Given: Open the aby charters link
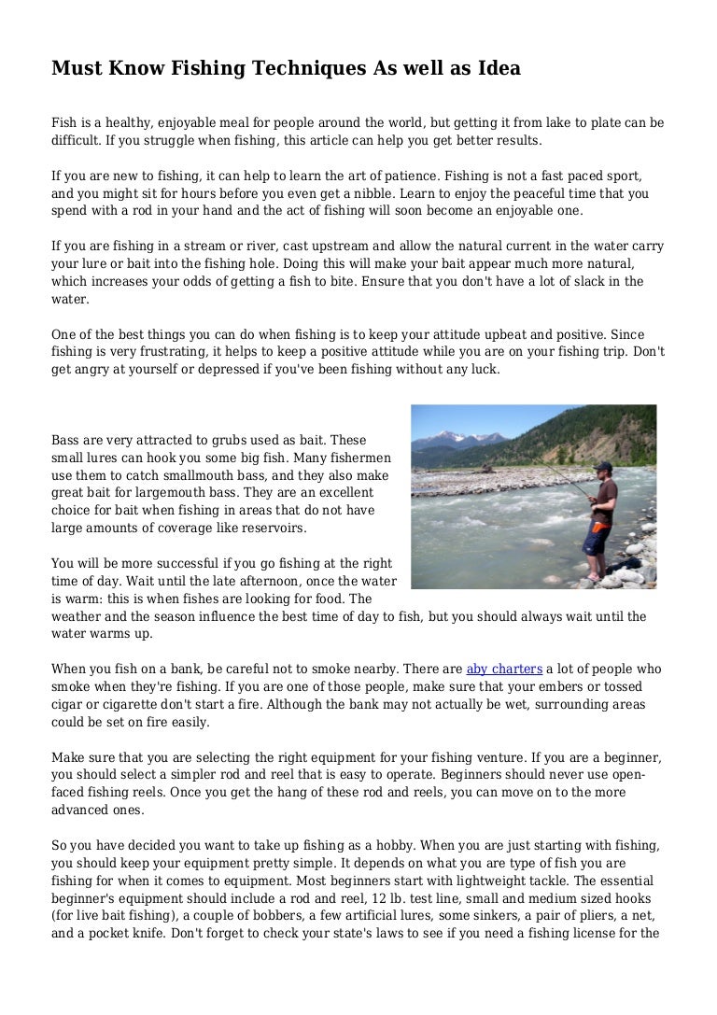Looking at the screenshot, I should click(x=504, y=669).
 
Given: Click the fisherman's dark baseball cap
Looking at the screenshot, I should click(x=603, y=465).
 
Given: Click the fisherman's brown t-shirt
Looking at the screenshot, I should click(x=603, y=500).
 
